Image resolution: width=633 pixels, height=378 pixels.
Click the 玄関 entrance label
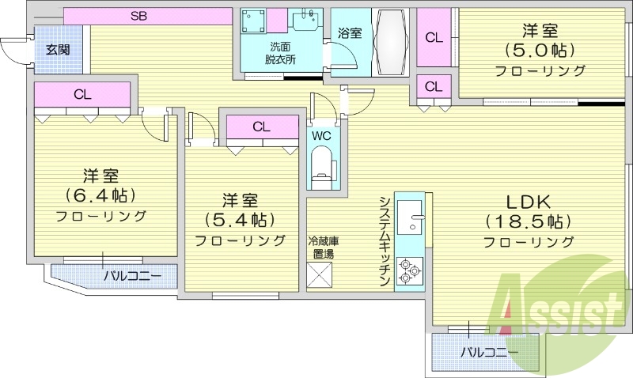point(57,49)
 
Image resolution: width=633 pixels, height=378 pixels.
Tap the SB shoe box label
point(139,15)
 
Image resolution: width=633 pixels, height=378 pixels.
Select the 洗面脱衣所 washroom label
point(280,53)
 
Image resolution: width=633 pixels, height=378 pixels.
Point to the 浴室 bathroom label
point(349,32)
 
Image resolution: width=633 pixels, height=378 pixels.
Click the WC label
point(321,135)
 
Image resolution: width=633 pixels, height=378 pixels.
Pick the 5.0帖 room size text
point(540,51)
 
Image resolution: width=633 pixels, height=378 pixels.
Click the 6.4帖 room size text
point(100,194)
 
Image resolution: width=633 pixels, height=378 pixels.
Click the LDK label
point(529,200)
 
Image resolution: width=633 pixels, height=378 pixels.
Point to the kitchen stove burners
point(410,270)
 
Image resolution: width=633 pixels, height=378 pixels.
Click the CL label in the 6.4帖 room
point(82,94)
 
